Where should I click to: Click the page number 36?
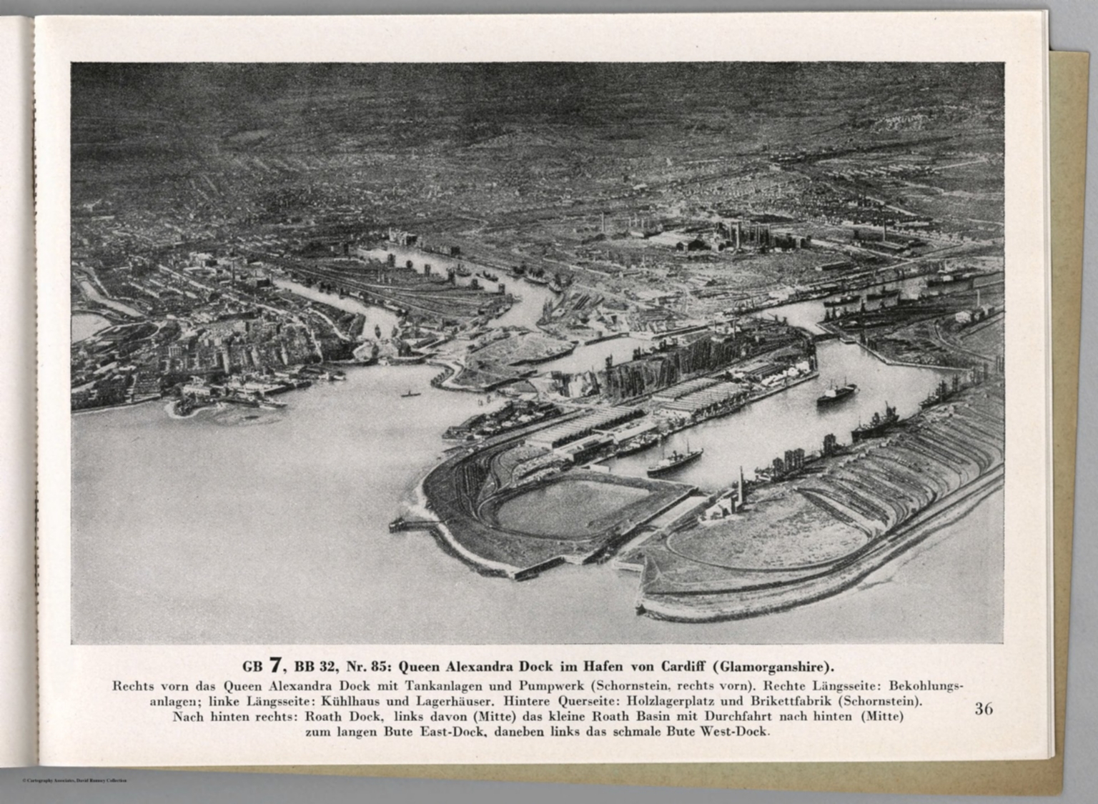point(983,709)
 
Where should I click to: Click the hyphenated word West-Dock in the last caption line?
point(734,732)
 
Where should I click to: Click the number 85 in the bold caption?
point(377,667)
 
